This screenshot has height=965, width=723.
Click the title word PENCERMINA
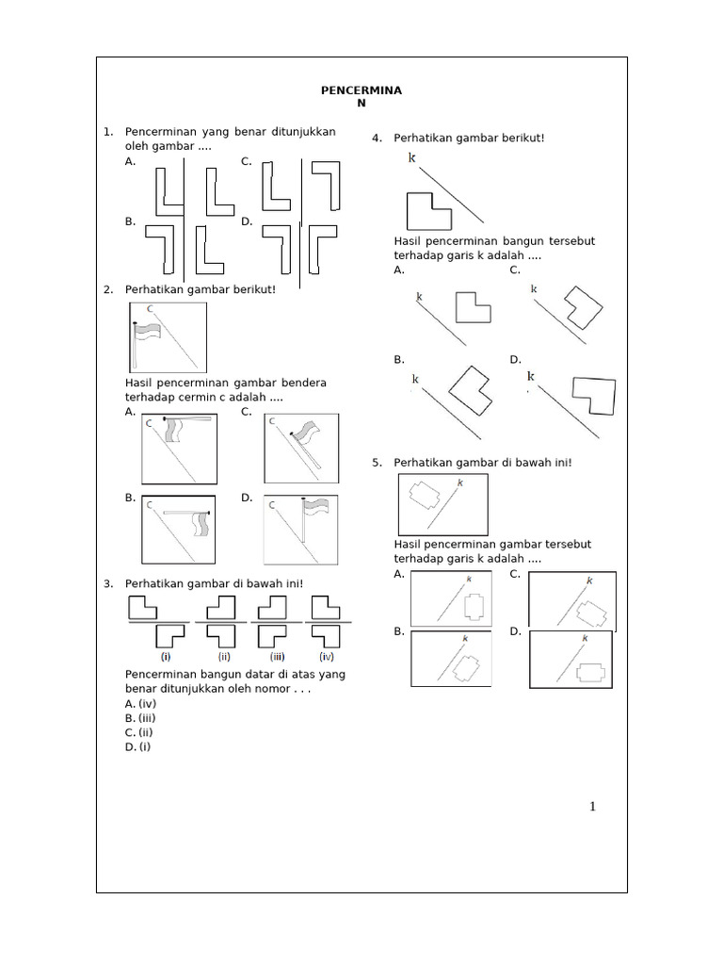coord(361,90)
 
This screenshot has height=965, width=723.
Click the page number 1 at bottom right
coord(592,806)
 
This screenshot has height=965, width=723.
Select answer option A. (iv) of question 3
coord(140,704)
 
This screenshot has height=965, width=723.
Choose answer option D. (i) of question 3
coord(137,747)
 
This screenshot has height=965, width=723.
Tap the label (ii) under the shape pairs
coord(224,656)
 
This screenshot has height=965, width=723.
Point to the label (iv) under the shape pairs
coord(327,656)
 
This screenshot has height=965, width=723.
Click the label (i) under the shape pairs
coord(165,656)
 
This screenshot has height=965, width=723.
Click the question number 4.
coord(377,139)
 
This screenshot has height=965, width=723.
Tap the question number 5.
coord(377,463)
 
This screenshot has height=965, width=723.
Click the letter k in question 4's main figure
coord(411,158)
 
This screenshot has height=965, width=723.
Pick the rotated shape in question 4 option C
coord(581,305)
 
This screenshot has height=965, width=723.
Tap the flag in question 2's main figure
coord(150,335)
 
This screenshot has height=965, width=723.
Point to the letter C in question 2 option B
coord(150,505)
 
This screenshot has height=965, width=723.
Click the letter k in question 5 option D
coord(584,639)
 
